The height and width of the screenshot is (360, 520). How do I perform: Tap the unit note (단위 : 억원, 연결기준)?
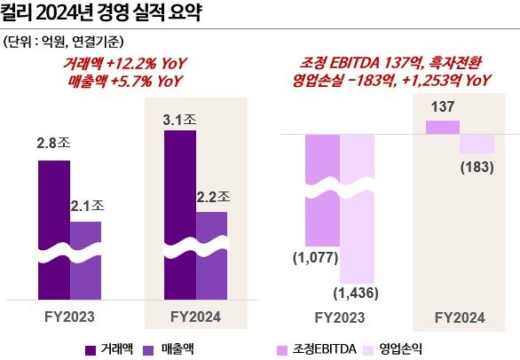64,41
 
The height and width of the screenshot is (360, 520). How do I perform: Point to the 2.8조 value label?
53,142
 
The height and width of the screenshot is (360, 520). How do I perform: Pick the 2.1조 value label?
87,207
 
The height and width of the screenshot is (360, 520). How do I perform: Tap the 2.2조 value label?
212,197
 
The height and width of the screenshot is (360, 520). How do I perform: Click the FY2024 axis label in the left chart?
195,316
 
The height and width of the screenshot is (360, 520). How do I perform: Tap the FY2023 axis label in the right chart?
339,316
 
